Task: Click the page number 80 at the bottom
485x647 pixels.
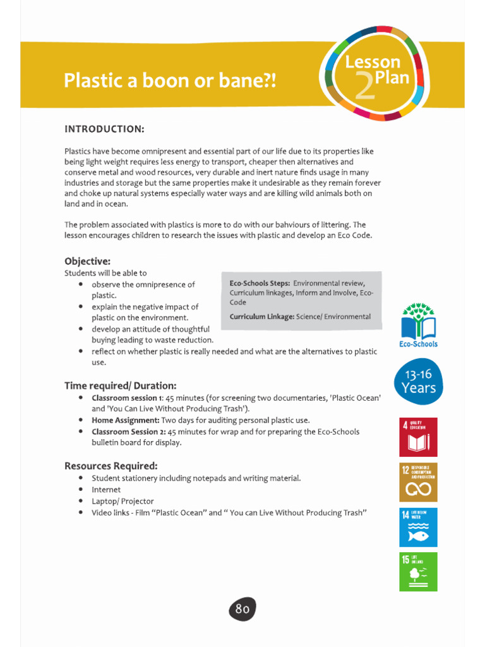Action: tap(242, 609)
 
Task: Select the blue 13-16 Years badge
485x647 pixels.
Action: tap(418, 382)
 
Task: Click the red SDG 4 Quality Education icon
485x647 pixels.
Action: tap(418, 437)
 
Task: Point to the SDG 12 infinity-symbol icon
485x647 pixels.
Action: tap(418, 482)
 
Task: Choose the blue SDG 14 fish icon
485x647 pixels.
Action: tap(418, 527)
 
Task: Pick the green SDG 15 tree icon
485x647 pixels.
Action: tap(418, 572)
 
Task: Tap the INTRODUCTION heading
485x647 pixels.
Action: tap(104, 129)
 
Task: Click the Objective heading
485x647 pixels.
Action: tap(87, 261)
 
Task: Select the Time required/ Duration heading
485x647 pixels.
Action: tap(120, 385)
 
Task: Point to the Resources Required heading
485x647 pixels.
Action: tap(111, 466)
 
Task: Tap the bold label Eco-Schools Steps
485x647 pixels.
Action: tap(260, 284)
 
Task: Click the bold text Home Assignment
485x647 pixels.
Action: tap(125, 420)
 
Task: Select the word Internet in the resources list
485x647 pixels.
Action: tap(105, 490)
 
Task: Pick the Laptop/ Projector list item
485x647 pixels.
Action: tap(123, 501)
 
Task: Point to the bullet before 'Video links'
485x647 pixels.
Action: tap(81, 512)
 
